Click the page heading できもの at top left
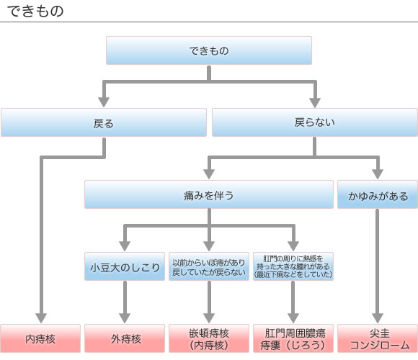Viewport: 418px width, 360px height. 36,12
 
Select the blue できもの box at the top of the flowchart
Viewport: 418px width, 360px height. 209,50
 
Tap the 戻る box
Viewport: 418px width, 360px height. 104,122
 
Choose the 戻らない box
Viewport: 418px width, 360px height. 315,122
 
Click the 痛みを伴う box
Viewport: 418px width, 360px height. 209,194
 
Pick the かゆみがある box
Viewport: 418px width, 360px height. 378,194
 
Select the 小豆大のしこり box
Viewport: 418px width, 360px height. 125,266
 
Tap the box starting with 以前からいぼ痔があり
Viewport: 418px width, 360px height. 209,266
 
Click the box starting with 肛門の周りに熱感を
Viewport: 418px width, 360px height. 293,266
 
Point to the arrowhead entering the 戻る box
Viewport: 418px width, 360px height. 104,102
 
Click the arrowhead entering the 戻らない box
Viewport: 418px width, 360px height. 315,102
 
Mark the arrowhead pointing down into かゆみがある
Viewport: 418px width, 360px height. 378,174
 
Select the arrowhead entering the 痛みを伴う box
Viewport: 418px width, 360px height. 209,174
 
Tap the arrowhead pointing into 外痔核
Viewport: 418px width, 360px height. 125,318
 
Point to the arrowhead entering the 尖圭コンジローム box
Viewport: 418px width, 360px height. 378,318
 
